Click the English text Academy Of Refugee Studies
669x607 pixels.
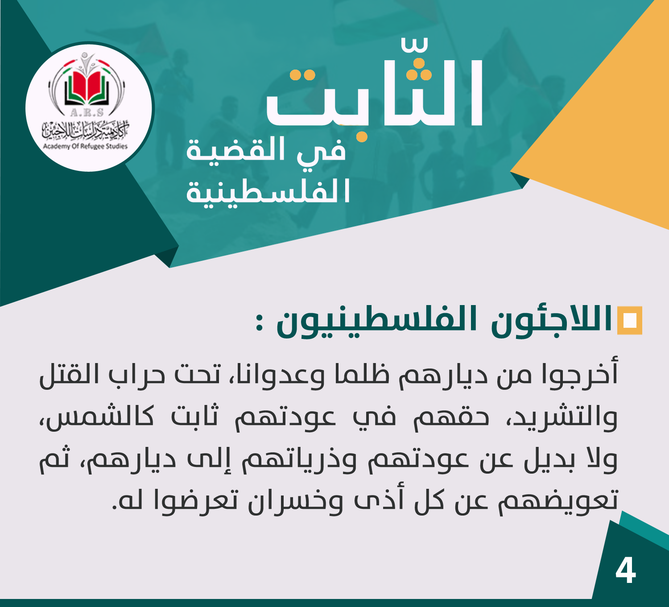[x=85, y=146]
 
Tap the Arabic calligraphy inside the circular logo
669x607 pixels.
[x=85, y=130]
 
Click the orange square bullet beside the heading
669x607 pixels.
[x=630, y=320]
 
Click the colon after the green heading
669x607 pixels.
[x=259, y=322]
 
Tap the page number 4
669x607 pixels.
[x=625, y=570]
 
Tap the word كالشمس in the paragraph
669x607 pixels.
[x=99, y=417]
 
